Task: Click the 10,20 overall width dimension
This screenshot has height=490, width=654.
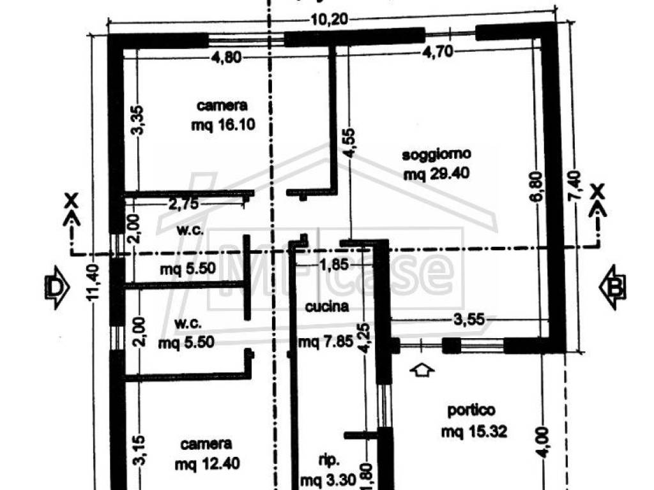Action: (x=329, y=19)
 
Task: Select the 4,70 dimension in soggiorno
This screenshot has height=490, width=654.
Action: (x=437, y=52)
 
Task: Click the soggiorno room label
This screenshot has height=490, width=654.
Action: (x=436, y=154)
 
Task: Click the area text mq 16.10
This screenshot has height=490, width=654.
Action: (x=223, y=124)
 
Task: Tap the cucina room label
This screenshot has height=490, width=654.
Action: (x=327, y=307)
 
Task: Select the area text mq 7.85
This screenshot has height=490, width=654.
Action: (x=326, y=343)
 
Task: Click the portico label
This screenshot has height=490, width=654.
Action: (x=471, y=410)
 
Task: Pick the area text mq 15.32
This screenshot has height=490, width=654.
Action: (x=475, y=431)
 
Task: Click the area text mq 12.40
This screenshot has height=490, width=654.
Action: (x=208, y=463)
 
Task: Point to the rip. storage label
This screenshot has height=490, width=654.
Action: (x=329, y=461)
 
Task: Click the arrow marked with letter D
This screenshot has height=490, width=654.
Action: (x=57, y=287)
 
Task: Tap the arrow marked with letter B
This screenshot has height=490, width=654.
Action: (x=612, y=287)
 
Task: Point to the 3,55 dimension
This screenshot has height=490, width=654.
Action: (x=469, y=320)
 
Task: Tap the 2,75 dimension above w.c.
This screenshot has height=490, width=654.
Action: (x=183, y=204)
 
